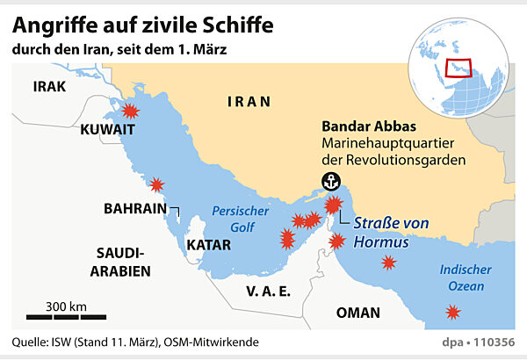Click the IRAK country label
(49, 86)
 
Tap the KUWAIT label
(106, 130)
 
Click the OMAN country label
(358, 312)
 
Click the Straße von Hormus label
(392, 231)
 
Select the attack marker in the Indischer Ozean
(451, 312)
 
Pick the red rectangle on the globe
(458, 68)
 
